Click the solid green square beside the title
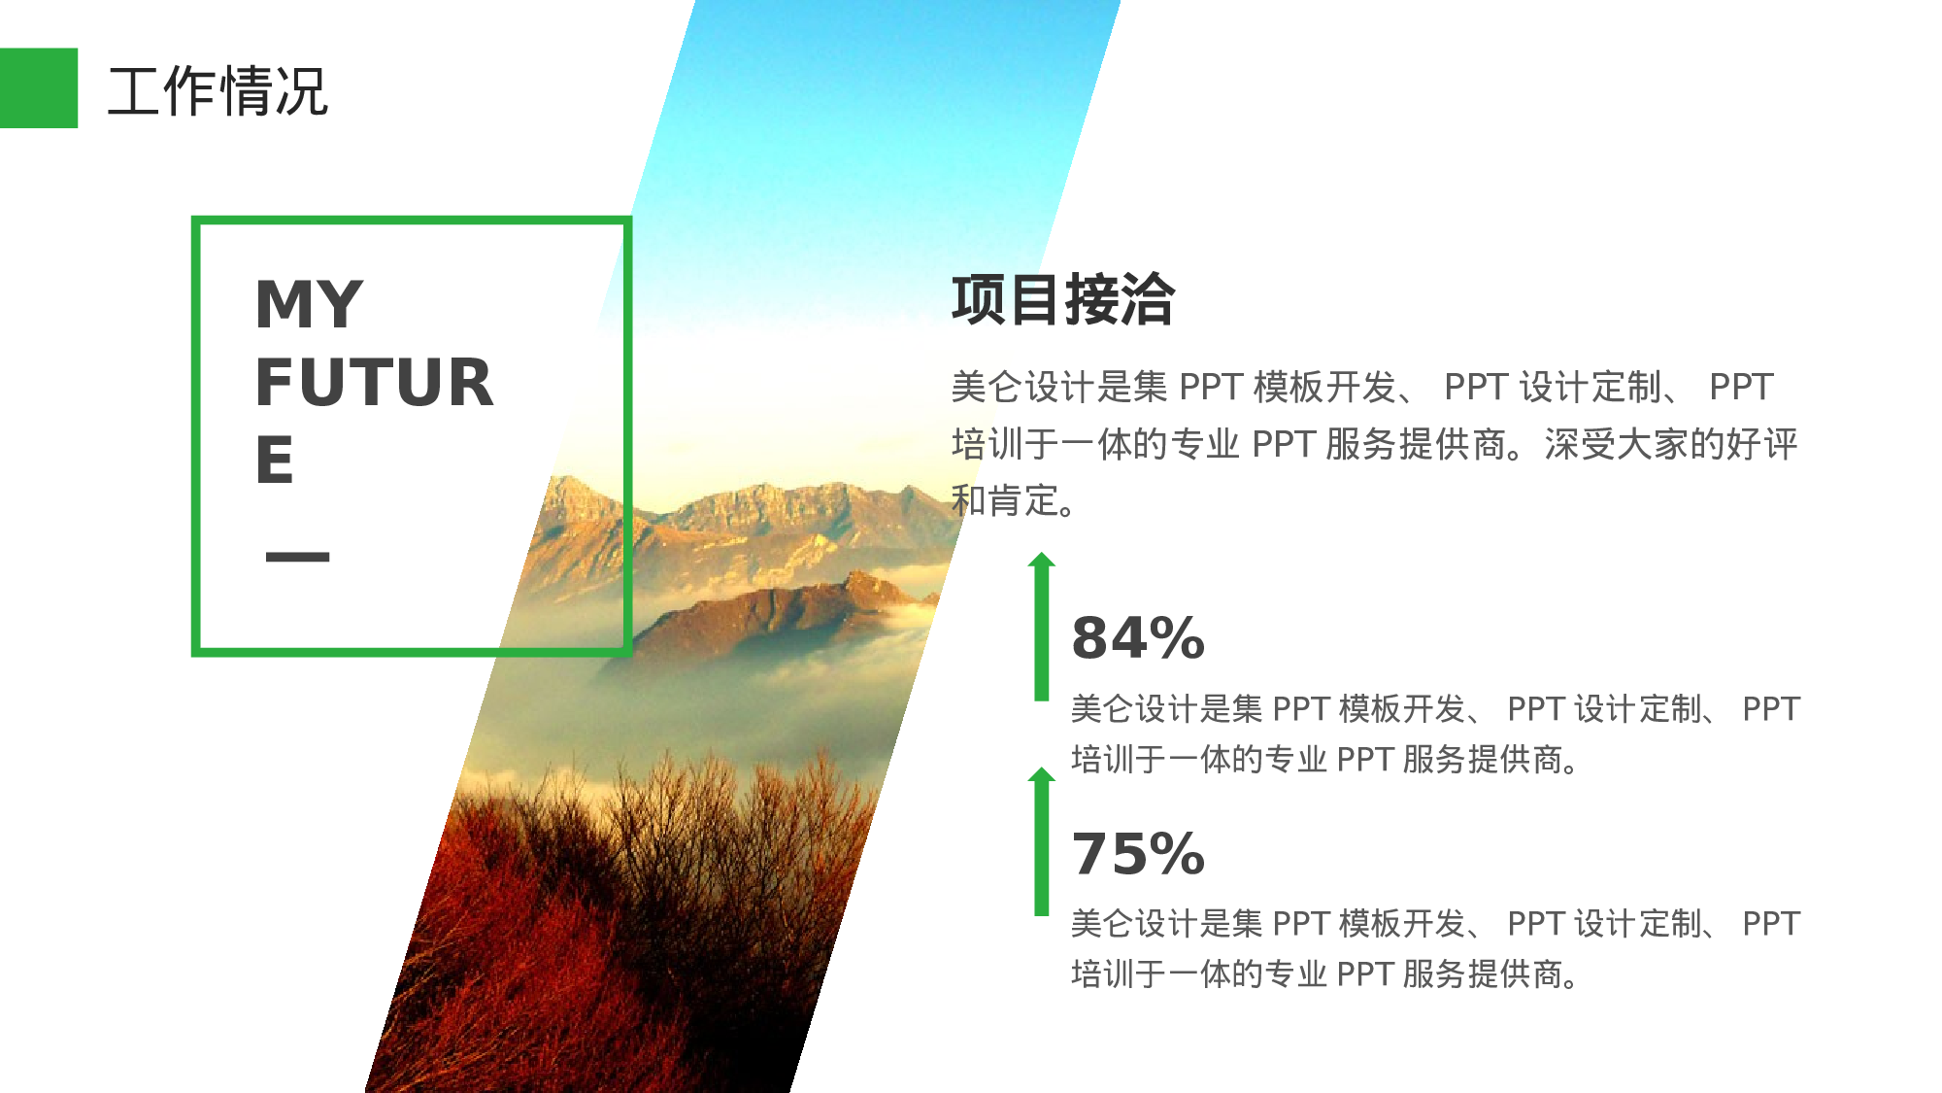click(x=38, y=87)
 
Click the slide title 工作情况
click(x=218, y=91)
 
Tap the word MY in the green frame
click(x=309, y=304)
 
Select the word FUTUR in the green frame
click(x=375, y=382)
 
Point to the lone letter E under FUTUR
click(x=275, y=460)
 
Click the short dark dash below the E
click(x=297, y=557)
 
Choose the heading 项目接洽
click(x=1062, y=299)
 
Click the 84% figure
click(x=1138, y=638)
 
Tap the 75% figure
click(x=1138, y=854)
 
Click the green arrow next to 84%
click(x=1042, y=627)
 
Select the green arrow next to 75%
click(x=1042, y=841)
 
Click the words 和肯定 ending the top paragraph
click(x=1004, y=501)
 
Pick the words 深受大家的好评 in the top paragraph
click(x=1670, y=444)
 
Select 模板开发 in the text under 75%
click(x=1400, y=923)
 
